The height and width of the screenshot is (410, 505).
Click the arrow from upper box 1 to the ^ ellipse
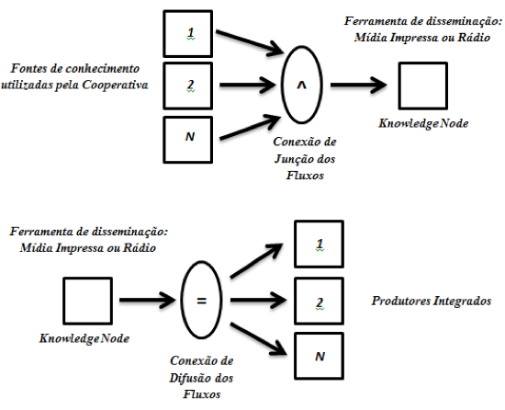point(250,42)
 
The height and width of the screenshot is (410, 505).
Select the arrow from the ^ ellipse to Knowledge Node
point(359,85)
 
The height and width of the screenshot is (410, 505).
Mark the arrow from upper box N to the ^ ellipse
point(250,127)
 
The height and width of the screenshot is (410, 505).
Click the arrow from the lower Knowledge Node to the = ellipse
point(148,300)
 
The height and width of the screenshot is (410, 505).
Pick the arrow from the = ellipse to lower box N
point(259,338)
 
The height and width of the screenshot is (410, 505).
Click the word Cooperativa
point(116,85)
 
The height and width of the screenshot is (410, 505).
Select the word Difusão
point(187,378)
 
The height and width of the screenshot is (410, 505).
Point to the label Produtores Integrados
point(432,301)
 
